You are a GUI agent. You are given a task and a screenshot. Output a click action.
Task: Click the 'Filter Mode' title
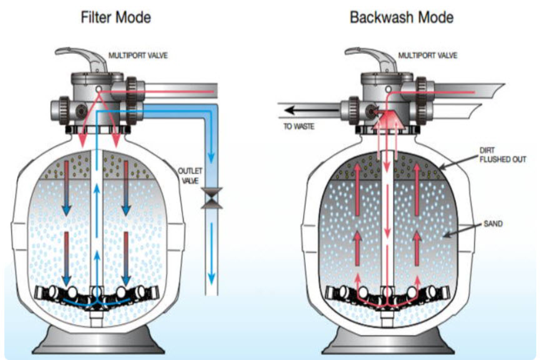pos(116,18)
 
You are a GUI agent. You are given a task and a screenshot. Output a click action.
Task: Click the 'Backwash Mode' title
pos(401,18)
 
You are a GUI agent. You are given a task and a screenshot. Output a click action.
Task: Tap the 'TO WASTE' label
pos(299,126)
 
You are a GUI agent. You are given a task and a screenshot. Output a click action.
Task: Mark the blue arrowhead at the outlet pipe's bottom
pos(210,276)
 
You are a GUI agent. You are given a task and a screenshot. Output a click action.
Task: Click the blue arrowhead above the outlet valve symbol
pos(210,159)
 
